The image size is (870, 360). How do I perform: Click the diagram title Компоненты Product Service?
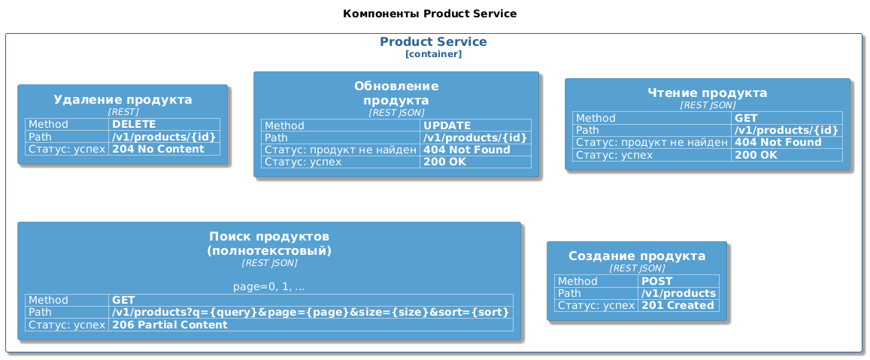click(429, 14)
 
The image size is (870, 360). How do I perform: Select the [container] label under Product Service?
click(433, 54)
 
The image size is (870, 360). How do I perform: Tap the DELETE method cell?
click(165, 124)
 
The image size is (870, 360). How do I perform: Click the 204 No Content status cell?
click(165, 150)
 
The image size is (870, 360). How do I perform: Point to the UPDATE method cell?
click(476, 126)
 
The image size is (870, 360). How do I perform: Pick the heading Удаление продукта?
click(123, 100)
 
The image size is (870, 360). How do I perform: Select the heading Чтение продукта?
click(708, 93)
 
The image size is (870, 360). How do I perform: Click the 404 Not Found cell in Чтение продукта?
click(787, 143)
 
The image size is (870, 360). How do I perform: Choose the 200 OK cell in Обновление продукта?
click(476, 162)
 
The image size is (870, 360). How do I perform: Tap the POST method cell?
click(678, 281)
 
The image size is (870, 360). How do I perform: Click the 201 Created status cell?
click(678, 306)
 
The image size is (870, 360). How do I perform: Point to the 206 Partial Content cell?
click(311, 325)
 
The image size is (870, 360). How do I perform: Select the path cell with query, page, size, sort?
click(311, 313)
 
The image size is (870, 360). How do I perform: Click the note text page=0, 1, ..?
click(269, 287)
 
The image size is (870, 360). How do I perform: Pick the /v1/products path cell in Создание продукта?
click(678, 293)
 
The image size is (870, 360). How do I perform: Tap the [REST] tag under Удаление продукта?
click(123, 111)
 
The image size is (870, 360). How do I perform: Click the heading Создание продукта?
click(637, 256)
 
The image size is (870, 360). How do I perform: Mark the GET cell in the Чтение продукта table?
click(787, 118)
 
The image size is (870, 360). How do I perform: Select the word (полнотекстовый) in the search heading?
click(269, 251)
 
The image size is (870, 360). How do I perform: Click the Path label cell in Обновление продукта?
click(341, 138)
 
